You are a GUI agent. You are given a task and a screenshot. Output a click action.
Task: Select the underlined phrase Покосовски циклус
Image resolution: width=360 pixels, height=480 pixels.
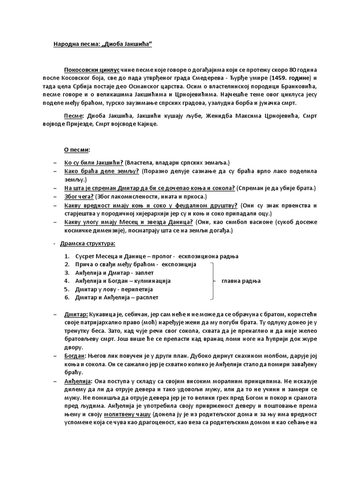point(92,69)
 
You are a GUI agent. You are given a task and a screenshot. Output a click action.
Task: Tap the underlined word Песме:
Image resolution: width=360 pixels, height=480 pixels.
point(74,115)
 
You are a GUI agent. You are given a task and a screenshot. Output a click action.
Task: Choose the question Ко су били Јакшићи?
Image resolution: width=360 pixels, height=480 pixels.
point(94,162)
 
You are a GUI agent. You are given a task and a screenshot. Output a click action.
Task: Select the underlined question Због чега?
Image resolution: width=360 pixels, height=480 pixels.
point(79,196)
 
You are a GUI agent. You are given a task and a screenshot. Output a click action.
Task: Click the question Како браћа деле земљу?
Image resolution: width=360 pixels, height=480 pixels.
point(102,171)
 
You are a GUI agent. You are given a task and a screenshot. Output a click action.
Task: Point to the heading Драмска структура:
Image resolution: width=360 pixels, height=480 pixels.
point(90,244)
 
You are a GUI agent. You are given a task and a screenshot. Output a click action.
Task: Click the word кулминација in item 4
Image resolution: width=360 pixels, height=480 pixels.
point(152,281)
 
